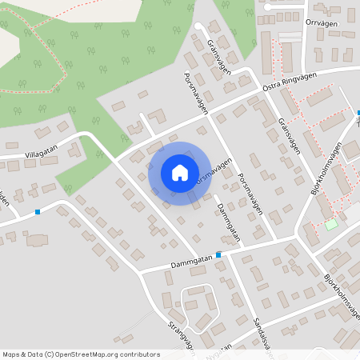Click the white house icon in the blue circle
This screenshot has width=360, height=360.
coord(180,172)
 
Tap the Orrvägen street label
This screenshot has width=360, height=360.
coord(322,22)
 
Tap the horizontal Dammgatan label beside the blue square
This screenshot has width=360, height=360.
coord(190,260)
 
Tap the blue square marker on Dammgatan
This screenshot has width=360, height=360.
coord(218,255)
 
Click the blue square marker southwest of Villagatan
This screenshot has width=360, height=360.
coord(38,212)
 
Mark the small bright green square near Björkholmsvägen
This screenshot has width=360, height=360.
coord(330,225)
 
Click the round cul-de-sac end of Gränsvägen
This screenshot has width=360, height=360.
coord(198,26)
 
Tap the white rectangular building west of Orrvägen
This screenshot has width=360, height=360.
coord(290,38)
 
